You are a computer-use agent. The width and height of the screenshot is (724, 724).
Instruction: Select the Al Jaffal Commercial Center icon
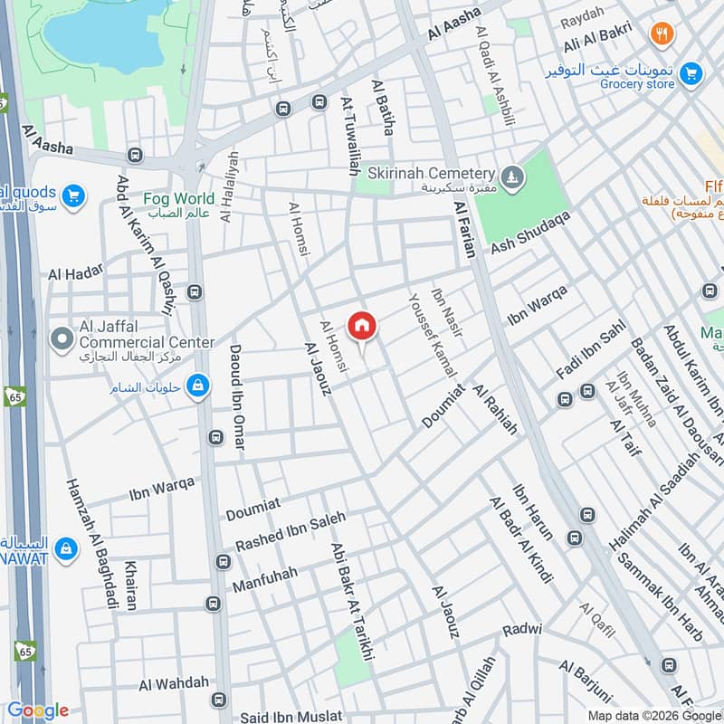[62, 339]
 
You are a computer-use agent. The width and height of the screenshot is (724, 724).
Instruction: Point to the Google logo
[38, 710]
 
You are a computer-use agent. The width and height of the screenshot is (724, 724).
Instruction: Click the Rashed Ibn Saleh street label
[291, 532]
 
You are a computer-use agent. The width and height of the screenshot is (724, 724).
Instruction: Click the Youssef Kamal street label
[432, 335]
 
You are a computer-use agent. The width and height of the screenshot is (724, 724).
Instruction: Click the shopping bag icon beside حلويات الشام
[196, 387]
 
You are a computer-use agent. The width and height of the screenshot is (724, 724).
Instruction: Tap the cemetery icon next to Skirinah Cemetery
[512, 174]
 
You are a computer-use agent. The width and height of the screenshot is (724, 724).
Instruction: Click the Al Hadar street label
[76, 272]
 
